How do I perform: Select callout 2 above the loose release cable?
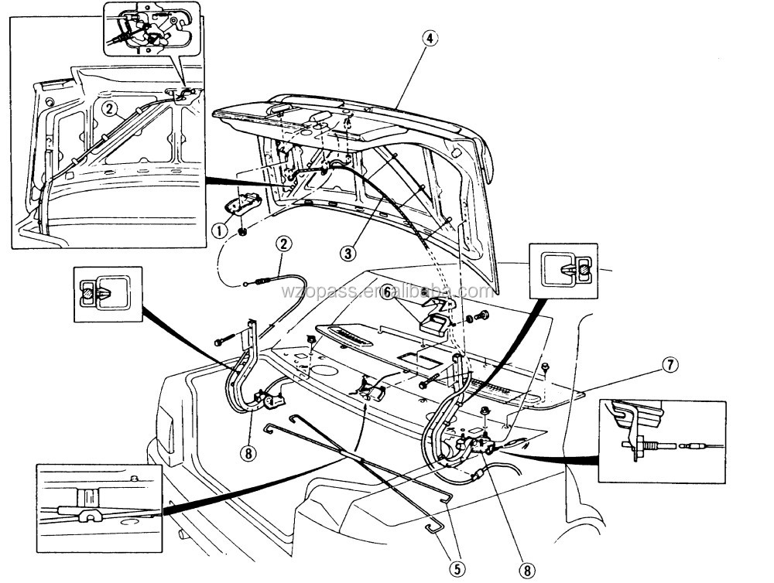click(x=284, y=244)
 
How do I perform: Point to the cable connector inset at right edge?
click(x=663, y=442)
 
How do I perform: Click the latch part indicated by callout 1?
click(x=244, y=207)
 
